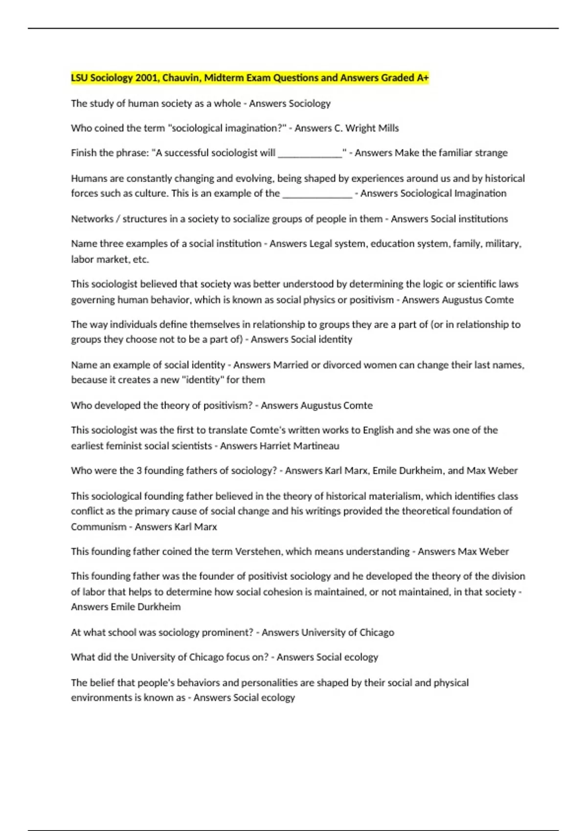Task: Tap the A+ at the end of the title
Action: pos(423,78)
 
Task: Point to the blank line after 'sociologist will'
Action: pos(310,153)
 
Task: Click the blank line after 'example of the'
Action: pos(317,194)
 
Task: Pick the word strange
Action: pos(491,153)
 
